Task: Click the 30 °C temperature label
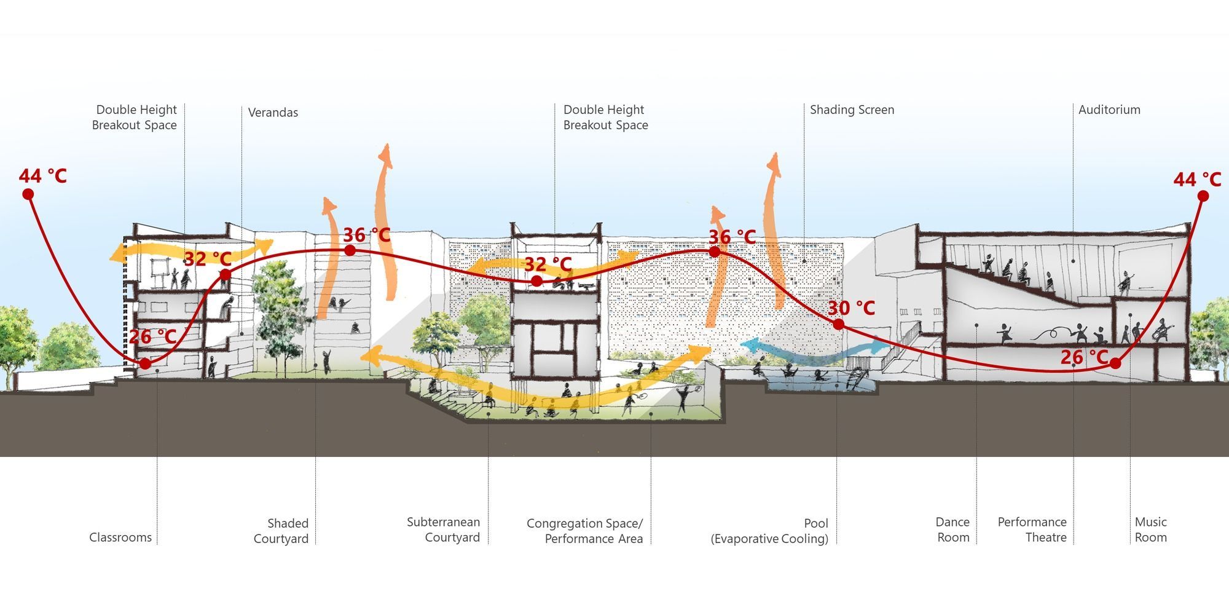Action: (x=851, y=308)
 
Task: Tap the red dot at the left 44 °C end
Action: (x=28, y=194)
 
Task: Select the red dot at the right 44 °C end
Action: (x=1203, y=196)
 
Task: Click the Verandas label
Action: (x=273, y=113)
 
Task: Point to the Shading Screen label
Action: (x=852, y=110)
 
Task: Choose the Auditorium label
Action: (x=1109, y=110)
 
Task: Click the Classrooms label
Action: (x=120, y=538)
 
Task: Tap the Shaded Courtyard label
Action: (x=281, y=531)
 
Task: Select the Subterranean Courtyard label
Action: (x=444, y=530)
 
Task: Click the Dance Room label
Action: (x=952, y=530)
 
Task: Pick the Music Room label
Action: (x=1150, y=530)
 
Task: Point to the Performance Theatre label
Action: (x=1032, y=530)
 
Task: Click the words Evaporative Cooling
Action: (x=769, y=539)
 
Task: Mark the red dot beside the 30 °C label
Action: (x=838, y=324)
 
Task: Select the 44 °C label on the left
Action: (x=42, y=177)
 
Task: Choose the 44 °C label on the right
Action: (x=1197, y=180)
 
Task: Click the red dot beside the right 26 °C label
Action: (x=1115, y=363)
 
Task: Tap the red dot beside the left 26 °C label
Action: (x=145, y=363)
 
